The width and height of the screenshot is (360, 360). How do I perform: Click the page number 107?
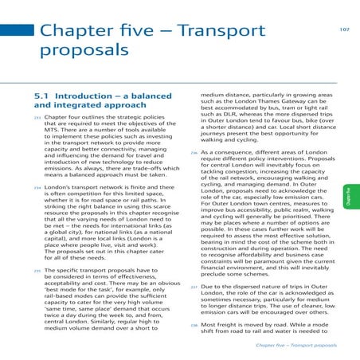pos(344,30)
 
